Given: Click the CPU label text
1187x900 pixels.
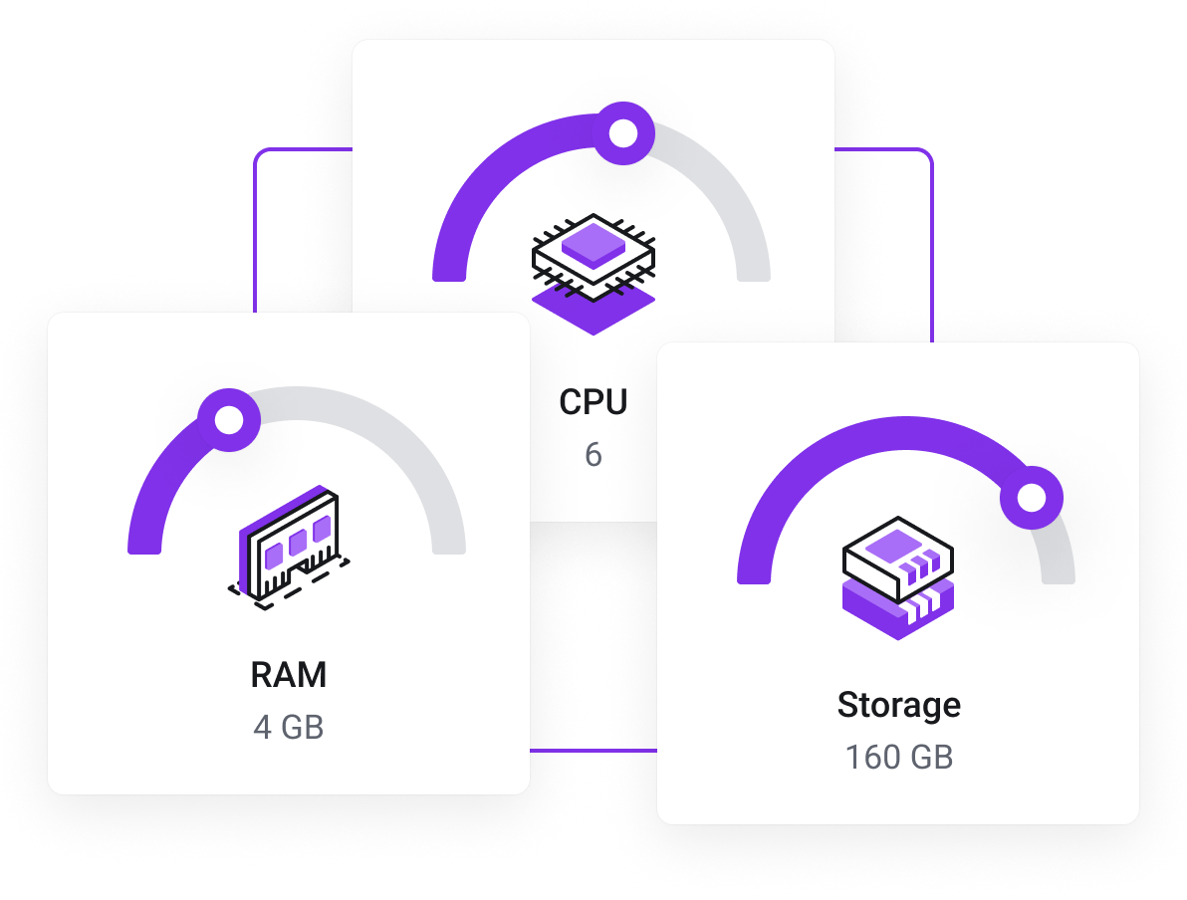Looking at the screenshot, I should click(593, 402).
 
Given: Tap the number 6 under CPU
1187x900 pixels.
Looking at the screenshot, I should click(593, 455).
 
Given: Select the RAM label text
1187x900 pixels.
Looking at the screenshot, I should click(289, 675).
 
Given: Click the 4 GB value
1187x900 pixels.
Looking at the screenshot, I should click(289, 727).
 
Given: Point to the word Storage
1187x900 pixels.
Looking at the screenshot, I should click(898, 705).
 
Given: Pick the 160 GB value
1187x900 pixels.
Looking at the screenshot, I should click(898, 758).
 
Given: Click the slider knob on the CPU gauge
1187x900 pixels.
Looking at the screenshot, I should click(623, 133).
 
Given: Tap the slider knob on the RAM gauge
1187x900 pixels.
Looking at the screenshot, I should click(229, 420).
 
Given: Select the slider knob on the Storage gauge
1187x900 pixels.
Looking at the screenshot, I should click(1032, 497).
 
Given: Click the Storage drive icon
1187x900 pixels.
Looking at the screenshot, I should click(898, 577).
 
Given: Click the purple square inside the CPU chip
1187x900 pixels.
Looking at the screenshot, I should click(594, 244).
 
